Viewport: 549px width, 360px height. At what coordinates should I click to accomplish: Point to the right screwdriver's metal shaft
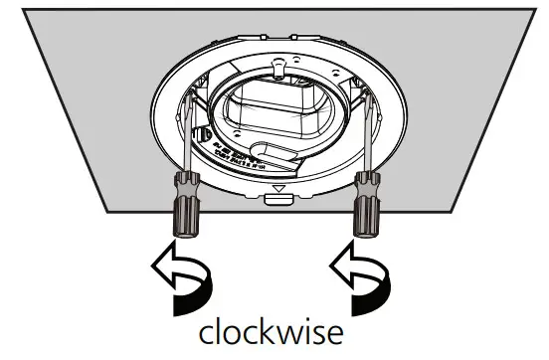tap(367, 129)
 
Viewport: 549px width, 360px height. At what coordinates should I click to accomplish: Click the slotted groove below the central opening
tap(269, 159)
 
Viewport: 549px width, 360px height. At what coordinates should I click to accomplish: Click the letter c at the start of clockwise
tap(206, 333)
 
